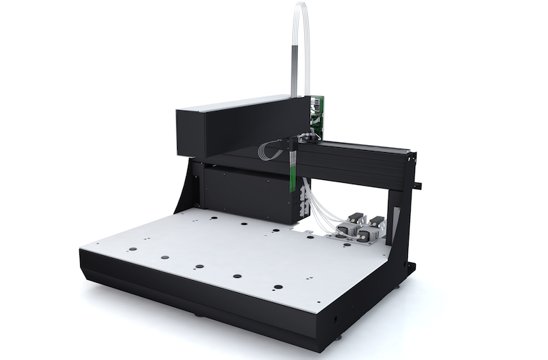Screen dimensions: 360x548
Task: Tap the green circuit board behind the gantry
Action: pyautogui.click(x=315, y=118)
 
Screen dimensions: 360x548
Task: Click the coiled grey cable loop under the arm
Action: pyautogui.click(x=270, y=149)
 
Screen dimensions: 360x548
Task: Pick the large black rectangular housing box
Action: pyautogui.click(x=236, y=129)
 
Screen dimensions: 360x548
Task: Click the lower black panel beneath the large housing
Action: pyautogui.click(x=246, y=193)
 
